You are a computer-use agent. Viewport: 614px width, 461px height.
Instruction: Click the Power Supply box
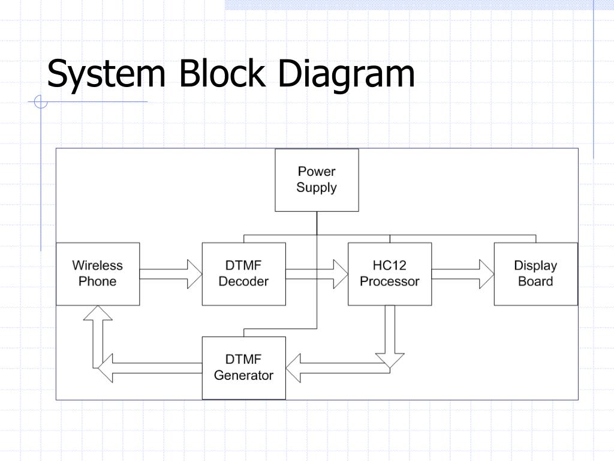(x=317, y=180)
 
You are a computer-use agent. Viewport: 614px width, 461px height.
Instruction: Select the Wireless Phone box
(x=98, y=274)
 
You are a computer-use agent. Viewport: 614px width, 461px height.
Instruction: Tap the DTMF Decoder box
(x=244, y=274)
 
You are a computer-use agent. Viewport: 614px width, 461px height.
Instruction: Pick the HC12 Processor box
(x=390, y=274)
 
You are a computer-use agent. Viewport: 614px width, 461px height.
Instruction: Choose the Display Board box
(x=535, y=274)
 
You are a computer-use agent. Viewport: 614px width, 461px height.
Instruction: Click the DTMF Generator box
(x=244, y=368)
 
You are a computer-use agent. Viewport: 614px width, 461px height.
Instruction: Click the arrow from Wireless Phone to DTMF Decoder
(x=171, y=274)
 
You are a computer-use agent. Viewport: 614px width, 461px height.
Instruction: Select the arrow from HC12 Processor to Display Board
(x=463, y=274)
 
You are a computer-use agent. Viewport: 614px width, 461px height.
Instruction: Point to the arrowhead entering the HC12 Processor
(x=341, y=274)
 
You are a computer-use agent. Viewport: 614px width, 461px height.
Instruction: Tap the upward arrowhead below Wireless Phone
(x=98, y=313)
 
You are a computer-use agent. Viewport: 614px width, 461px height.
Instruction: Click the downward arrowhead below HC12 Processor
(x=390, y=361)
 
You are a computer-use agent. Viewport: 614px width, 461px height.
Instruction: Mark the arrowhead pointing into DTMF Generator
(x=293, y=368)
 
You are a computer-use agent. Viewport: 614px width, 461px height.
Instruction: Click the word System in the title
(x=106, y=74)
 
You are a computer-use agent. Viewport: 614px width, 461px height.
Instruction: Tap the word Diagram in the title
(x=346, y=74)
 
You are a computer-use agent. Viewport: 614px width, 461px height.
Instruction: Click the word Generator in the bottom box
(x=243, y=376)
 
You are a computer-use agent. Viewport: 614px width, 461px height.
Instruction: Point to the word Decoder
(x=243, y=282)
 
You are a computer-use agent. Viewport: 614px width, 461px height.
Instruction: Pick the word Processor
(x=390, y=282)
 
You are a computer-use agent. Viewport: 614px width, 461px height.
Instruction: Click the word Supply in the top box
(x=317, y=188)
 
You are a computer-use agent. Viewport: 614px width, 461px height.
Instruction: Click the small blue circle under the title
(x=41, y=101)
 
